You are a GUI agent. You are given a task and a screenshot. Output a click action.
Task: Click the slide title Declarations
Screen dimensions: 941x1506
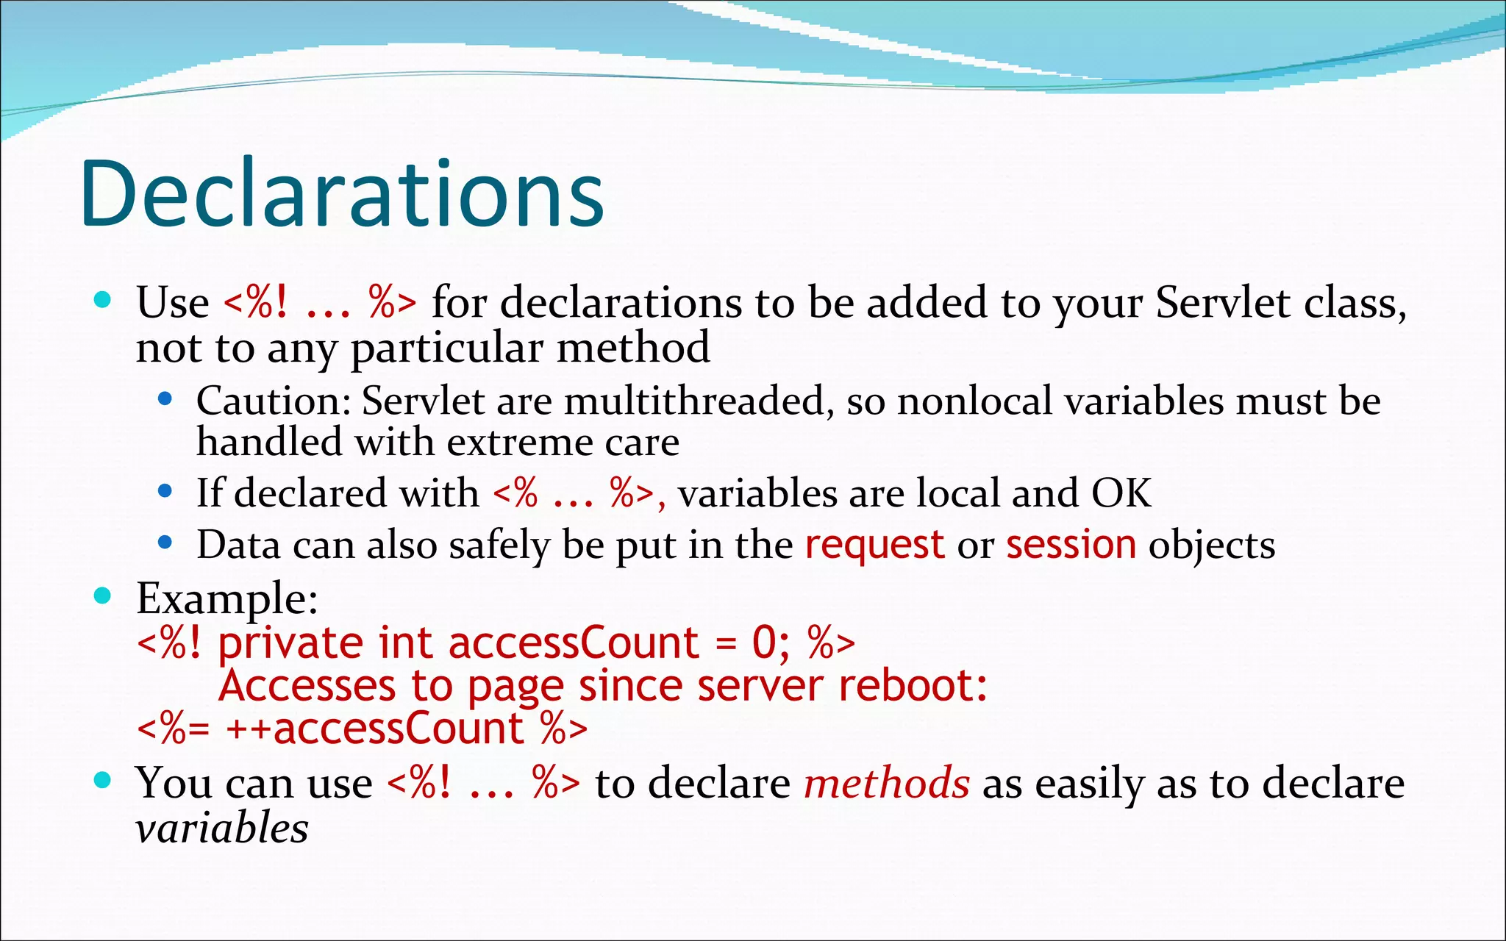343,193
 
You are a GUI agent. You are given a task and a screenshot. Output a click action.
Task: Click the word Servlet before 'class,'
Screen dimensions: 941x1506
1221,302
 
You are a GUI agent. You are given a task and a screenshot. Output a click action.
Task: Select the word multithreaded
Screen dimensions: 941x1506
693,401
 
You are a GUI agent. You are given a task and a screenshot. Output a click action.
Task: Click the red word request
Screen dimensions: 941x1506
874,545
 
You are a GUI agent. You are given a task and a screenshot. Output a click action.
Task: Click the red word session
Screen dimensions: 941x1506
1071,545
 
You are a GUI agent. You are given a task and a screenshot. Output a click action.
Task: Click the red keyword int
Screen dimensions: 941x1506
404,643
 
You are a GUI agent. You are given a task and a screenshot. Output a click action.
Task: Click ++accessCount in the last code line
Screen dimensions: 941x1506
374,729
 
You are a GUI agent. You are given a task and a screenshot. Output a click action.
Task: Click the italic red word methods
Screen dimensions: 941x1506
887,783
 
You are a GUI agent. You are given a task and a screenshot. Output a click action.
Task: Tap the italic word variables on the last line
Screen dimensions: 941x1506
222,829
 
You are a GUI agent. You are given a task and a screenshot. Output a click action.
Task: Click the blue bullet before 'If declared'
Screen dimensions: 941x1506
165,490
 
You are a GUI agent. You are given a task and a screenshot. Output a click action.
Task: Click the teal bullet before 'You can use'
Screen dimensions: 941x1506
103,780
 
